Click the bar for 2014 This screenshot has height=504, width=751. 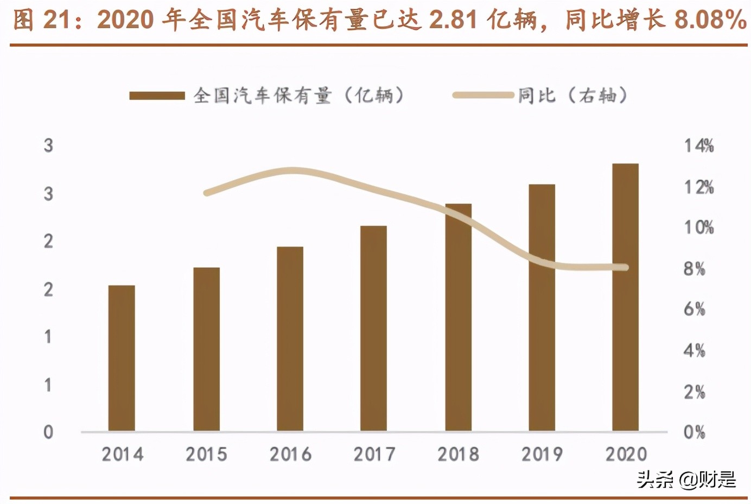(122, 358)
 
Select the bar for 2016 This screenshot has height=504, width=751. (290, 339)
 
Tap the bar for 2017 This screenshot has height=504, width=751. (373, 329)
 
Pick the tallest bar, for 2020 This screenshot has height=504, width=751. (625, 297)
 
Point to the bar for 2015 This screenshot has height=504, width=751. (206, 349)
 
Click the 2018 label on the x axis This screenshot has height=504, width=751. (458, 454)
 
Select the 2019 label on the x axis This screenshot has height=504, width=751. (542, 454)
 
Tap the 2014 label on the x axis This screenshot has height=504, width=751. (123, 454)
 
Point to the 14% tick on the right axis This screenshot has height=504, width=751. (698, 146)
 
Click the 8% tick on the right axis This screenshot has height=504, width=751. (694, 268)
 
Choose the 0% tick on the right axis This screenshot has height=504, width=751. (694, 432)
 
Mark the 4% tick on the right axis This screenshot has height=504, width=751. (694, 350)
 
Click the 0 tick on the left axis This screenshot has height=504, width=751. (48, 432)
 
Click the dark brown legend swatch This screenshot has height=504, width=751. (157, 96)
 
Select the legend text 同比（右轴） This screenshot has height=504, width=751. (572, 96)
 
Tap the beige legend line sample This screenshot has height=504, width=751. (483, 96)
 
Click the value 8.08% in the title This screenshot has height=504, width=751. (710, 20)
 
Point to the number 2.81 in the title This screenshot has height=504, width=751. (453, 20)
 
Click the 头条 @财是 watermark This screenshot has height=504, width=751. (686, 479)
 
